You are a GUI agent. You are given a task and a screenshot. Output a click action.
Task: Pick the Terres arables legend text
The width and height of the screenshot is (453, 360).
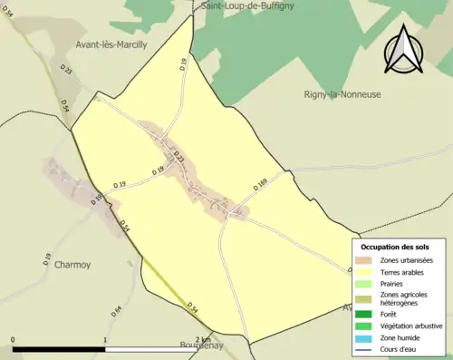[x=405, y=271]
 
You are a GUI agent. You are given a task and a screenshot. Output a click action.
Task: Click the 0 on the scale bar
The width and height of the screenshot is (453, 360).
[x=13, y=340]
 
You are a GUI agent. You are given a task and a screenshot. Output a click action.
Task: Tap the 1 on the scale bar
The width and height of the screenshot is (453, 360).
[x=105, y=340]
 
